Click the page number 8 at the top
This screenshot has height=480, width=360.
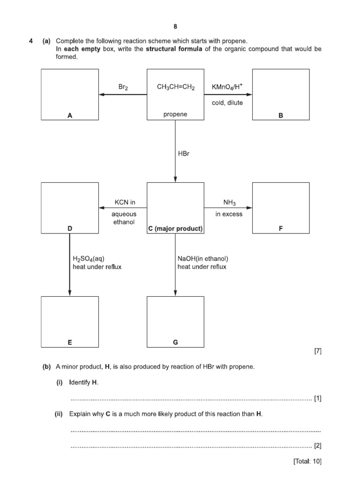coord(175,27)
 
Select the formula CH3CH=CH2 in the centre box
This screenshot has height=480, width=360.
coord(175,87)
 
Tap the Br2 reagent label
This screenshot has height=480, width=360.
coord(123,87)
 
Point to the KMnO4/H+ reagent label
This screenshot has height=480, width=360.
coord(228,87)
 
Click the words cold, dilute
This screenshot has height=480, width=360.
coord(227,103)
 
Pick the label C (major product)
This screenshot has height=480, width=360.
coord(175,229)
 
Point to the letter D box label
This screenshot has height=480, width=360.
coord(70,229)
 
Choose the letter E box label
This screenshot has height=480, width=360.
coord(70,343)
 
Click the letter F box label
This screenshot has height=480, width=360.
coord(281,229)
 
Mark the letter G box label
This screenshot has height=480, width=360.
coord(175,343)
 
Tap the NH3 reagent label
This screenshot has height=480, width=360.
coord(229,203)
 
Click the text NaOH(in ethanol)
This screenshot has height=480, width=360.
coord(203,258)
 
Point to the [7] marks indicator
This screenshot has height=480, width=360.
coord(317,351)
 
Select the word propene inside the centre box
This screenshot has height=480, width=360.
coord(175,114)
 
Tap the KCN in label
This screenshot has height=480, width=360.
coord(125,202)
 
